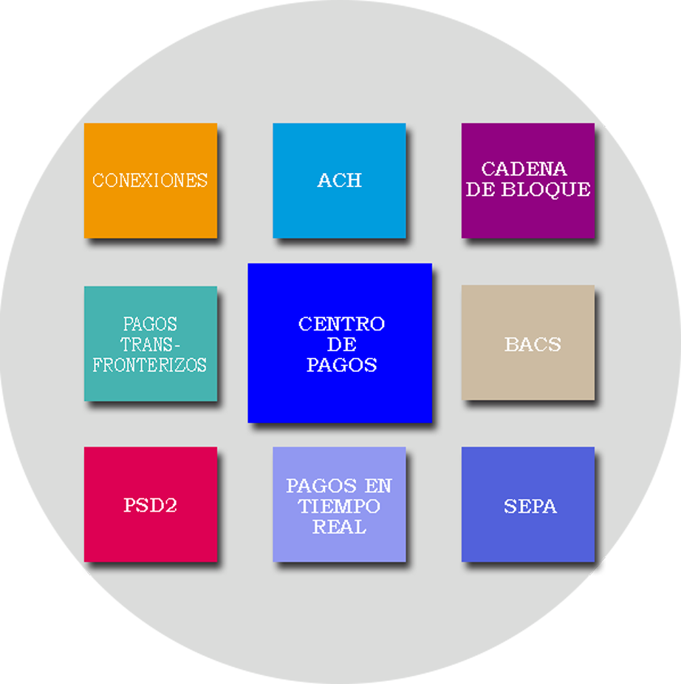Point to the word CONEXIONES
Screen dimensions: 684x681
coord(150,180)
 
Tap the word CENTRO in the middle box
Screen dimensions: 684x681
coord(341,324)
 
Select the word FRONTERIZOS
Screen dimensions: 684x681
coord(150,365)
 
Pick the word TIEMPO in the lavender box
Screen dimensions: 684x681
coord(339,507)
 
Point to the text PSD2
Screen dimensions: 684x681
coord(150,507)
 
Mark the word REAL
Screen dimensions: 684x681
coord(339,527)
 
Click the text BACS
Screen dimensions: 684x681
coord(533,345)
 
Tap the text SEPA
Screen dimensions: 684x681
coord(530,507)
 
